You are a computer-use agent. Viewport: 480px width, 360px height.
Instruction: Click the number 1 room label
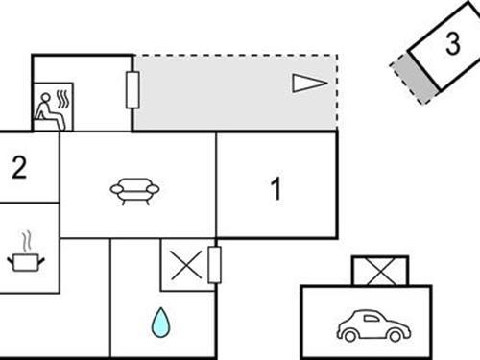pyautogui.click(x=276, y=190)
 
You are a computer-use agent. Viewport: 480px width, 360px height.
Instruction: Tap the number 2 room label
pyautogui.click(x=19, y=168)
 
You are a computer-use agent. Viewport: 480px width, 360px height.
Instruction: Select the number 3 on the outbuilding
pyautogui.click(x=451, y=44)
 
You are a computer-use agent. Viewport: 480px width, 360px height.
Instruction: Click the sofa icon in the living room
pyautogui.click(x=134, y=190)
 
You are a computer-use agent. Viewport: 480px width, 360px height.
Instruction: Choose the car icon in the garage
pyautogui.click(x=373, y=325)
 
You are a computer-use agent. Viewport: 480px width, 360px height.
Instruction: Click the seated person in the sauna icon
pyautogui.click(x=44, y=110)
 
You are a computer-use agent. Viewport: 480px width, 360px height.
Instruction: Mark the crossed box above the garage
pyautogui.click(x=380, y=271)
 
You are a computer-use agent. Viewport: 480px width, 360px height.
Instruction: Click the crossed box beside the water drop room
pyautogui.click(x=185, y=265)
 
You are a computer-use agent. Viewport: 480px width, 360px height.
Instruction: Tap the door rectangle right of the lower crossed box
pyautogui.click(x=215, y=264)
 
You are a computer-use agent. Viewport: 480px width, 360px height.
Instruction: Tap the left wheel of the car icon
pyautogui.click(x=350, y=335)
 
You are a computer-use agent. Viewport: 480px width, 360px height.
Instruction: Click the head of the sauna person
pyautogui.click(x=42, y=100)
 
